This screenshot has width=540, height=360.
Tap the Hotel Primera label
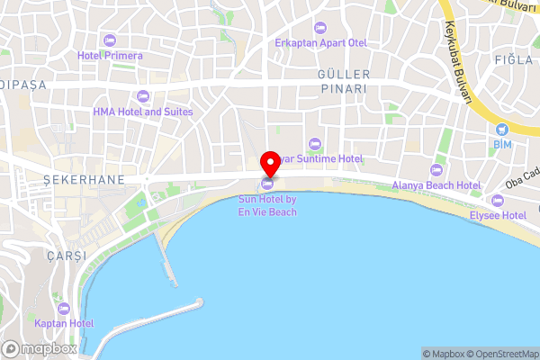point(110,56)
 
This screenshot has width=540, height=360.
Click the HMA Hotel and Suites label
point(142,112)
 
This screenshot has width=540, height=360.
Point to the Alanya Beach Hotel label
point(436,186)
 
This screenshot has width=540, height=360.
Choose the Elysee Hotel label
point(497,216)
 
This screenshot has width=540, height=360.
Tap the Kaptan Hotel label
point(64,323)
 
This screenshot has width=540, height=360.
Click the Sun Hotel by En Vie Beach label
point(267,205)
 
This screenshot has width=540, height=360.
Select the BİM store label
point(501,144)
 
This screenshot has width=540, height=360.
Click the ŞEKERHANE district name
point(85,180)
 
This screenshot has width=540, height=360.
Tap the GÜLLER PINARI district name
point(343,81)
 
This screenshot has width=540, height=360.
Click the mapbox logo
point(40,349)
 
